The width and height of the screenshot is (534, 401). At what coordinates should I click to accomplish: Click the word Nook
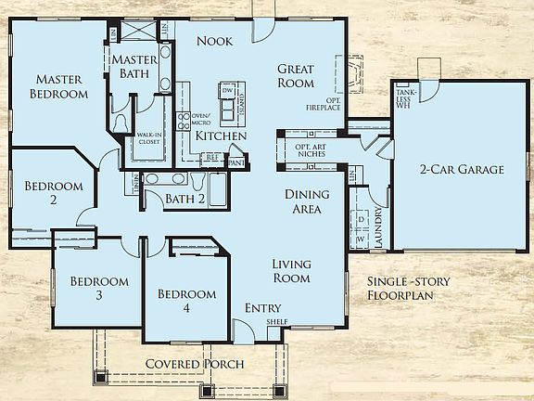[x=214, y=42]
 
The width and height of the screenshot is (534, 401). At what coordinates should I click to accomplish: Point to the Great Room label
[x=295, y=77]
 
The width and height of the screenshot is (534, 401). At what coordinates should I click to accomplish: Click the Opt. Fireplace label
[x=323, y=105]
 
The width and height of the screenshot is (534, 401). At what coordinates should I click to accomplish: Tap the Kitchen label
[x=221, y=136]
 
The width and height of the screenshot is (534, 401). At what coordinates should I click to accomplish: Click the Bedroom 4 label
[x=186, y=302]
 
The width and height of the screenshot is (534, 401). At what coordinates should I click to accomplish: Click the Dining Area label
[x=302, y=201]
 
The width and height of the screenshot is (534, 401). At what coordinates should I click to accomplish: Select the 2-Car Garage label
[x=461, y=170]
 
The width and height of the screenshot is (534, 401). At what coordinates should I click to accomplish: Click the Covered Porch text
[x=195, y=364]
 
